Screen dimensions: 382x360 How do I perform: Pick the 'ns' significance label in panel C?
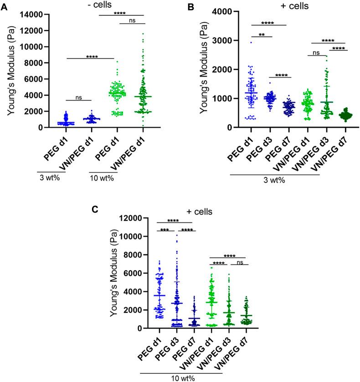coord(237,262)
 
